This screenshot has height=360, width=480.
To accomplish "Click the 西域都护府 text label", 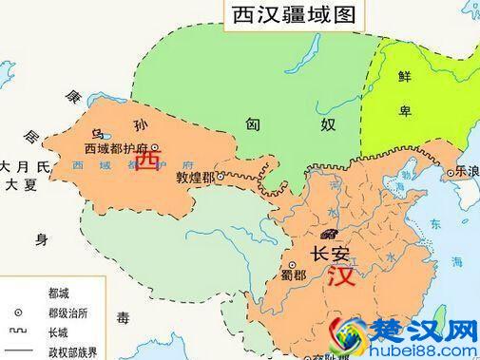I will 116,149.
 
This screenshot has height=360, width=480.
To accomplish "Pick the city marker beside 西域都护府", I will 154,147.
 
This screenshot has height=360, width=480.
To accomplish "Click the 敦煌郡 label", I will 195,178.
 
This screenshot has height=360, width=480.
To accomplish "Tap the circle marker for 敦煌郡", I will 221,177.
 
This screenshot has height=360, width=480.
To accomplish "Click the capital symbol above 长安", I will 330,233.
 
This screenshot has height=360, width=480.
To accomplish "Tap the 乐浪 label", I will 467,172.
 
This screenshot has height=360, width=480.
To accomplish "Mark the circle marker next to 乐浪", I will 450,172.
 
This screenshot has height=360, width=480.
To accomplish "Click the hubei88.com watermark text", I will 427,351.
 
